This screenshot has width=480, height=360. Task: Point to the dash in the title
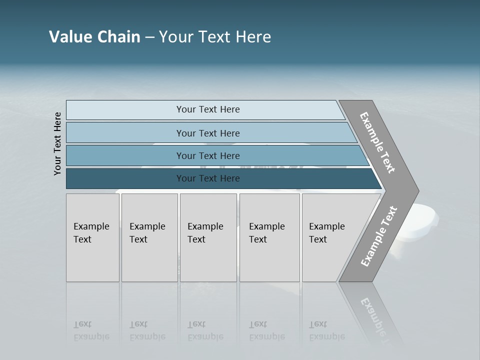click(149, 37)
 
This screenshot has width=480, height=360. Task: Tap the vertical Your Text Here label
click(57, 143)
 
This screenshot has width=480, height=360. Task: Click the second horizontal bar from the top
click(208, 133)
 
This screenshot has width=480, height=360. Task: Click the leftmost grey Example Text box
click(92, 237)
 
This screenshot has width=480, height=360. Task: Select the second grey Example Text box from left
click(149, 237)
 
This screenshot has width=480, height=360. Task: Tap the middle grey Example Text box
click(208, 237)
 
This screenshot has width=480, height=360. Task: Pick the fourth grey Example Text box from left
click(269, 237)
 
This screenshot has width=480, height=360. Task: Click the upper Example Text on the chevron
click(377, 142)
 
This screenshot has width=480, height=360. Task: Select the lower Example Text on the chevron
click(379, 236)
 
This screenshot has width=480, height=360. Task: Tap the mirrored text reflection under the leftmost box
click(91, 331)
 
